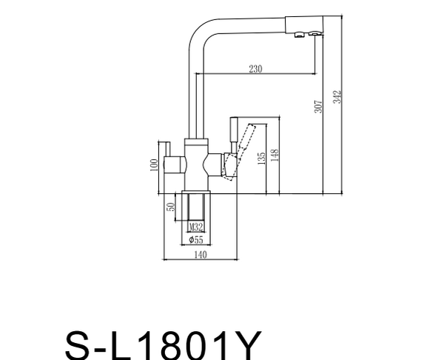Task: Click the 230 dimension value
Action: click(x=255, y=69)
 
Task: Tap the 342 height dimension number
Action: click(x=337, y=97)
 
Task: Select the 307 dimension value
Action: click(x=318, y=106)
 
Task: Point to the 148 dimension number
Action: click(x=275, y=156)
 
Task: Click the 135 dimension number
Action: click(x=262, y=159)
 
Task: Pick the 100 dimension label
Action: click(x=154, y=165)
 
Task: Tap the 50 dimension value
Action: click(x=171, y=207)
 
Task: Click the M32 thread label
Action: click(x=196, y=227)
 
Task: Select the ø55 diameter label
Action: click(x=196, y=240)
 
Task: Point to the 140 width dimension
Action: click(x=201, y=255)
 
